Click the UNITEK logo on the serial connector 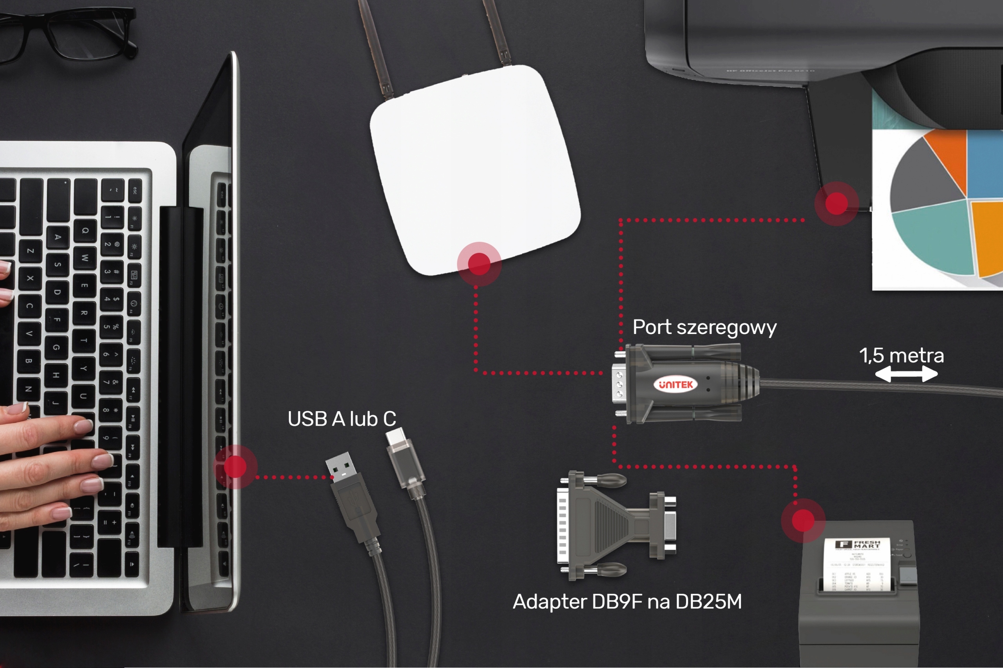[675, 385]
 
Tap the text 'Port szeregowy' [704, 328]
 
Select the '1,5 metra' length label [901, 355]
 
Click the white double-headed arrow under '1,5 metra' [906, 375]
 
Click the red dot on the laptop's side [235, 467]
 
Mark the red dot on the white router [479, 264]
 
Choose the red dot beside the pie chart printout [836, 204]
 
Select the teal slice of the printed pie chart [934, 237]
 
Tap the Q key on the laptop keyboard [85, 230]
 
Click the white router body [473, 166]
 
